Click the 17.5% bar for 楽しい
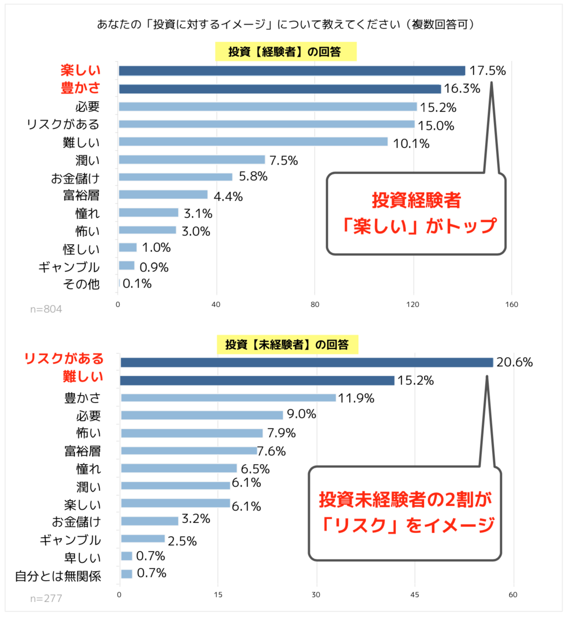[x=292, y=71]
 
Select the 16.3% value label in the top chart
[x=462, y=89]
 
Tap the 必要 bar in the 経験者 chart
[x=267, y=107]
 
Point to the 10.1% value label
[x=411, y=143]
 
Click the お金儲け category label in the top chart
[x=75, y=178]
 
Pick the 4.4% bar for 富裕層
[x=163, y=195]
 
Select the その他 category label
[x=81, y=284]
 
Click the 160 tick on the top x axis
[x=512, y=305]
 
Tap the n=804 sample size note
[x=46, y=309]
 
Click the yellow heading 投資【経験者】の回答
[x=285, y=52]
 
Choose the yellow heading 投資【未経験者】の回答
[x=287, y=345]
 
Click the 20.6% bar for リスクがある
[x=307, y=362]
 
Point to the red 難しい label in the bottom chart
[x=83, y=376]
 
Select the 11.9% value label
[x=356, y=398]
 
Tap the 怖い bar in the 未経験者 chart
[x=192, y=433]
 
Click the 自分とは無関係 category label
[x=58, y=576]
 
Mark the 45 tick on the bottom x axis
[x=415, y=595]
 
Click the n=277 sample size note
[x=46, y=599]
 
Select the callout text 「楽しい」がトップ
[x=418, y=226]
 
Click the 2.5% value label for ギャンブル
[x=182, y=541]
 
